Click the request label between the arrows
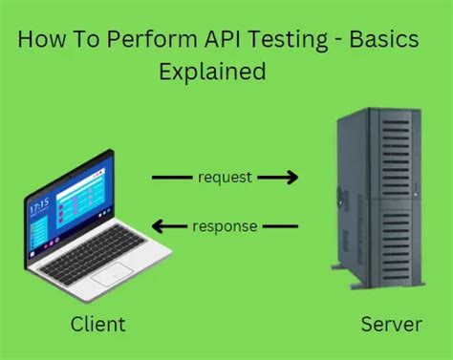click(x=226, y=177)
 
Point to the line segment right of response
click(x=281, y=226)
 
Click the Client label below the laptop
click(x=97, y=325)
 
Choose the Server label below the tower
click(x=391, y=325)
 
